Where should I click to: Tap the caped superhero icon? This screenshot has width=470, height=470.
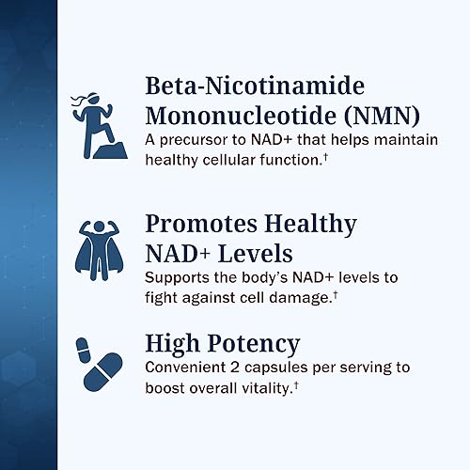point(96,245)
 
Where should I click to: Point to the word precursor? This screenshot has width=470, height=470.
point(192,141)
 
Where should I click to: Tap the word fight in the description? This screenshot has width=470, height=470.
point(160,298)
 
